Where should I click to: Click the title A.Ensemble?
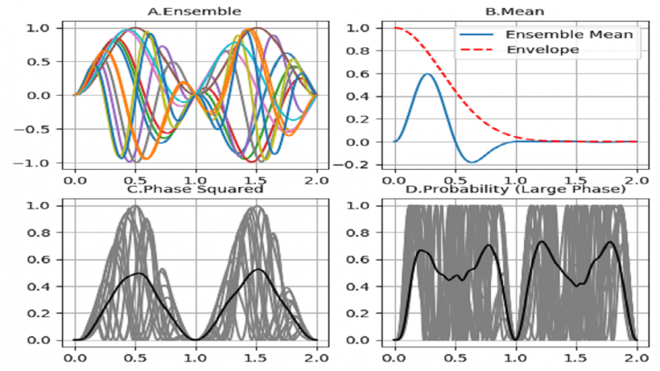point(194,11)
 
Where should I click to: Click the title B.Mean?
point(516,11)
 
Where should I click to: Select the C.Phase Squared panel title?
point(196,191)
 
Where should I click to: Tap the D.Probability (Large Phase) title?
point(516,191)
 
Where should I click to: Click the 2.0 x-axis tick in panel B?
point(637,174)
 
